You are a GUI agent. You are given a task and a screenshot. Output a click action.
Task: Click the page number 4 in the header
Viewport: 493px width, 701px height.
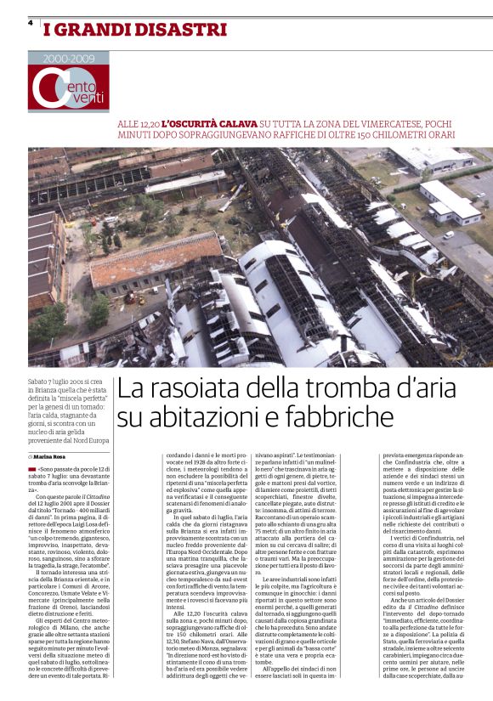[x=30, y=24]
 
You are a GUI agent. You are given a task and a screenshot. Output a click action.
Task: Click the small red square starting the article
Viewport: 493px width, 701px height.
[x=32, y=468]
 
